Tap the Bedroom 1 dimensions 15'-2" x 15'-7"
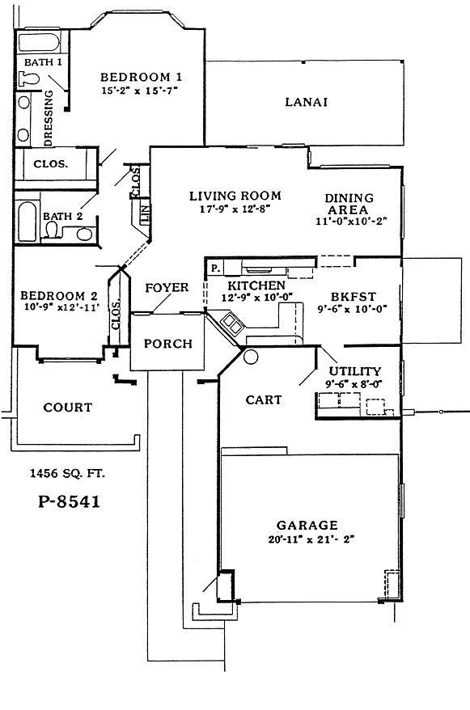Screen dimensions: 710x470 click(140, 91)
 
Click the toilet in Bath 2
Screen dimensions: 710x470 click(54, 232)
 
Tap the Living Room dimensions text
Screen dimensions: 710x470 click(235, 209)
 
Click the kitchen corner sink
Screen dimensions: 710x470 click(232, 325)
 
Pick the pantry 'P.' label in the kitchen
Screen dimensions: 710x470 click(215, 268)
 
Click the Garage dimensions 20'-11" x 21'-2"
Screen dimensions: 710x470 click(306, 539)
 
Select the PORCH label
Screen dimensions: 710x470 click(167, 344)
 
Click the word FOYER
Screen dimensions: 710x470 click(167, 288)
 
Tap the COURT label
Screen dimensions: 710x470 click(68, 408)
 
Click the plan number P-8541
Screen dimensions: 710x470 click(70, 501)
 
